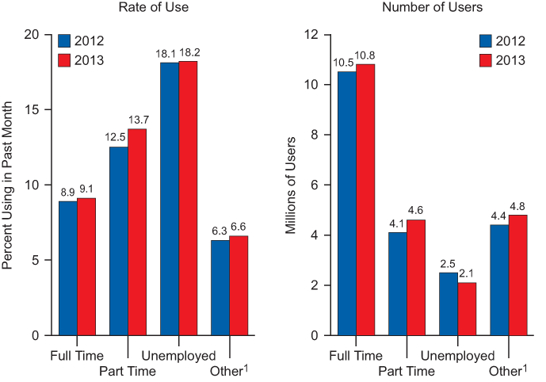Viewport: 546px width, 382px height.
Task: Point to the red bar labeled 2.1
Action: coord(468,309)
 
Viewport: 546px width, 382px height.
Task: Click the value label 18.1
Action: coord(168,55)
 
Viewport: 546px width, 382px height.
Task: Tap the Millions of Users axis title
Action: coord(291,185)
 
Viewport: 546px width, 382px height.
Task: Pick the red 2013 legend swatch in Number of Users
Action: coord(485,60)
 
